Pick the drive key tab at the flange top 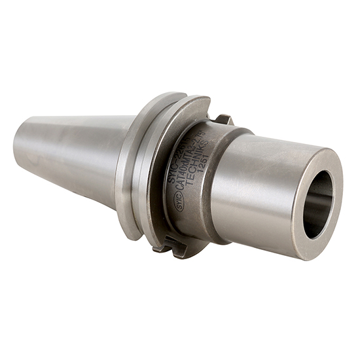coord(224,119)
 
